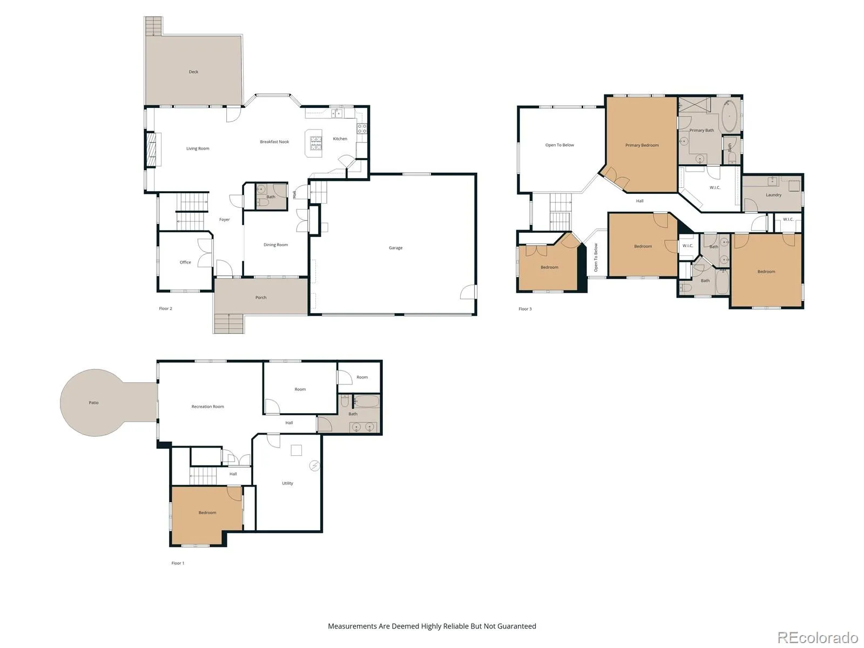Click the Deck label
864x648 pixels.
[x=193, y=72]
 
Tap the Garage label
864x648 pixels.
[x=395, y=248]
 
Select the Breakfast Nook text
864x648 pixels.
[x=274, y=141]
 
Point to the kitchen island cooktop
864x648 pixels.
[x=316, y=143]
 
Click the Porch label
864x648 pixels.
[x=261, y=298]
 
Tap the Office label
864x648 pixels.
[x=185, y=262]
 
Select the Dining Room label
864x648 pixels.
[x=275, y=245]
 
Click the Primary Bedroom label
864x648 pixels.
[x=642, y=145]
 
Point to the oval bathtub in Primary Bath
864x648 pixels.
[x=729, y=116]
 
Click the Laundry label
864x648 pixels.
[x=773, y=195]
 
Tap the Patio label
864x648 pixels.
[x=93, y=402]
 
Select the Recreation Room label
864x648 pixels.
[x=207, y=407]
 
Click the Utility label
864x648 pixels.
[x=287, y=483]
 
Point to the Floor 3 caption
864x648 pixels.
[x=525, y=309]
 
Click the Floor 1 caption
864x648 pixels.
[x=178, y=563]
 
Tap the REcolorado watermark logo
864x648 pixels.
[x=818, y=637]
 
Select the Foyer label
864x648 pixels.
[x=224, y=220]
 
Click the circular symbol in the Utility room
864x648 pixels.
[x=314, y=466]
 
